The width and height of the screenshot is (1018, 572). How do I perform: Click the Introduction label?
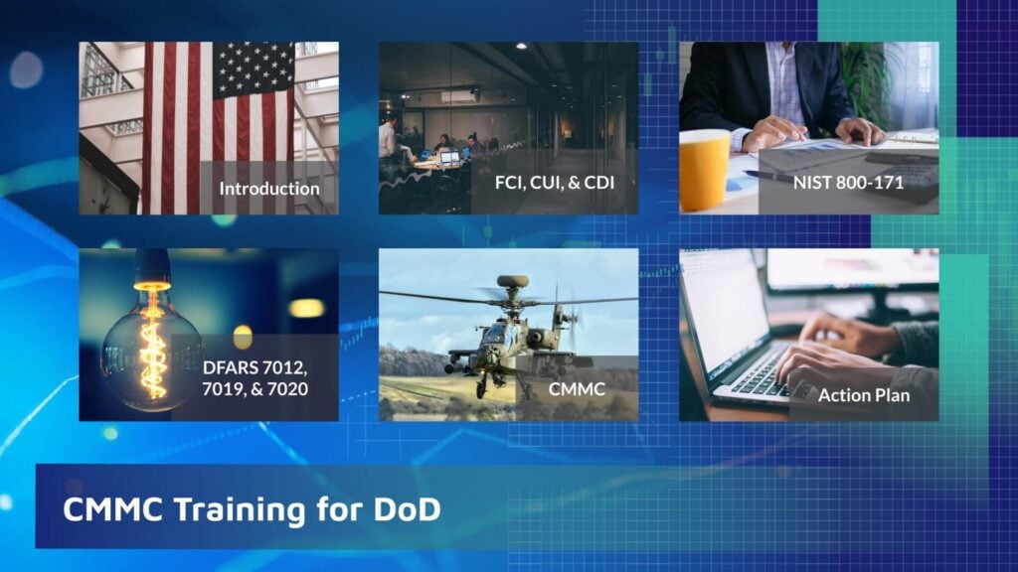point(269,188)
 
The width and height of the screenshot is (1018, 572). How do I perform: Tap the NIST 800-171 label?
point(848,182)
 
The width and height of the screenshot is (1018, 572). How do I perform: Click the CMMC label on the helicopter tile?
point(577,389)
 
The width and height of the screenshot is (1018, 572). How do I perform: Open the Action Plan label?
point(864,394)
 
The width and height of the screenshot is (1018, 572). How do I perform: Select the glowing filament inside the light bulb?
point(152,338)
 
